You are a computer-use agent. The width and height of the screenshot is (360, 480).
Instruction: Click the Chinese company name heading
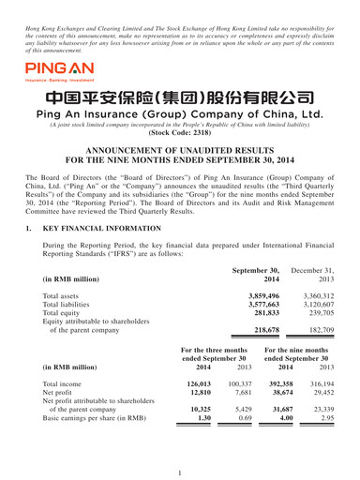coord(180,98)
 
